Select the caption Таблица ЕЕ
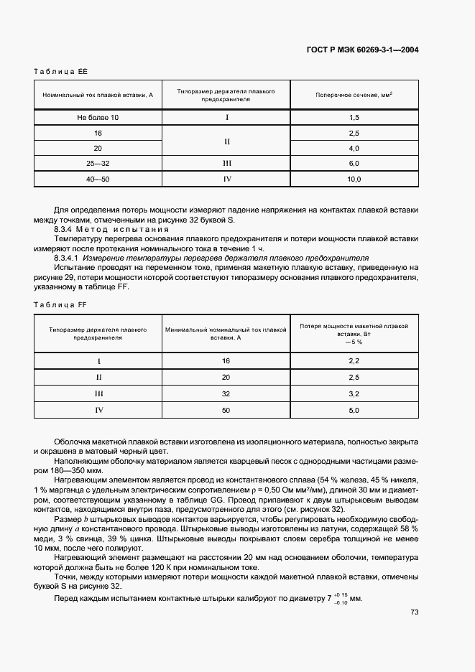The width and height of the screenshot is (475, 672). click(60, 71)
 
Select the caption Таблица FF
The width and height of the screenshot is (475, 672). click(60, 305)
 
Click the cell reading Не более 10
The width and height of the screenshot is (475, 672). click(98, 117)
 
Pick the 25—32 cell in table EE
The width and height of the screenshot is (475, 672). click(98, 164)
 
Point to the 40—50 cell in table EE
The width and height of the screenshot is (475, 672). click(98, 179)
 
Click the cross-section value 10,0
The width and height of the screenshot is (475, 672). click(354, 179)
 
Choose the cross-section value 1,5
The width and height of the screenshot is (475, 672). click(354, 117)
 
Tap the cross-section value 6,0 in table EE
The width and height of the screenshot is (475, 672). click(354, 164)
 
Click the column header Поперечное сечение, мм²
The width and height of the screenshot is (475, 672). click(354, 95)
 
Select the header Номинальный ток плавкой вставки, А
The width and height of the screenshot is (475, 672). click(98, 95)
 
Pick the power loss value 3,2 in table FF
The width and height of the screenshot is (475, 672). click(354, 394)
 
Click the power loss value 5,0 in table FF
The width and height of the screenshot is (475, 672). click(354, 410)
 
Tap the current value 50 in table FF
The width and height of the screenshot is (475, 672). click(226, 410)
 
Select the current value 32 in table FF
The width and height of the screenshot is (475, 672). click(226, 394)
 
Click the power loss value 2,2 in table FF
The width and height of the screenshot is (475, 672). click(354, 360)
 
